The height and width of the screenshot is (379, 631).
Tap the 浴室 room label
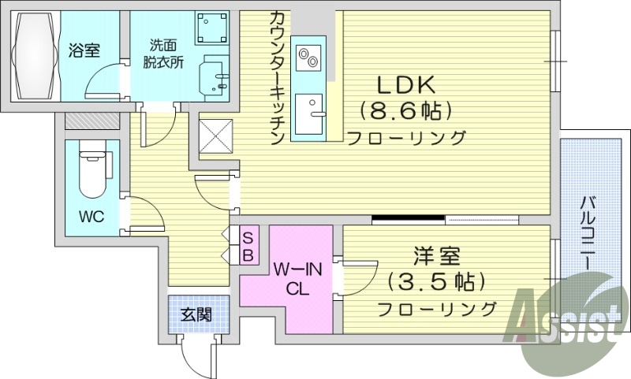[x=84, y=51]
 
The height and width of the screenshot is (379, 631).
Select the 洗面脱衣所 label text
[x=166, y=54]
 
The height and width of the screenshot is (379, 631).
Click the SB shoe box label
[x=247, y=245]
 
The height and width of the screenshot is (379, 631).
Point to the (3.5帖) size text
[x=436, y=281]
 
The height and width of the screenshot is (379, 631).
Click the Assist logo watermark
[x=566, y=323]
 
